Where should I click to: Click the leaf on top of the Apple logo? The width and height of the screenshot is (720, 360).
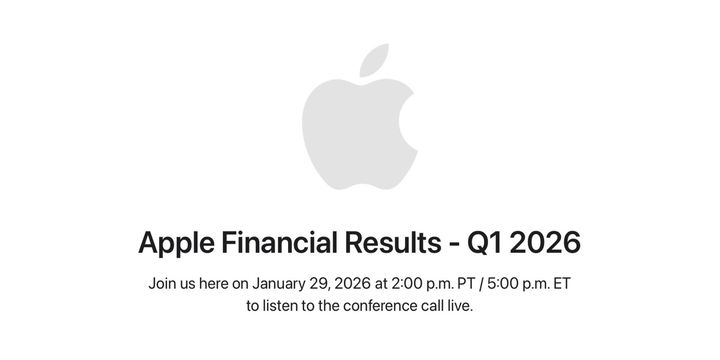(374, 59)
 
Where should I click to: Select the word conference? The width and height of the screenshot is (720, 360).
(377, 306)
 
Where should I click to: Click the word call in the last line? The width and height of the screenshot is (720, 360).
(433, 306)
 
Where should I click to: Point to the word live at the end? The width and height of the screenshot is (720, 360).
(461, 306)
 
